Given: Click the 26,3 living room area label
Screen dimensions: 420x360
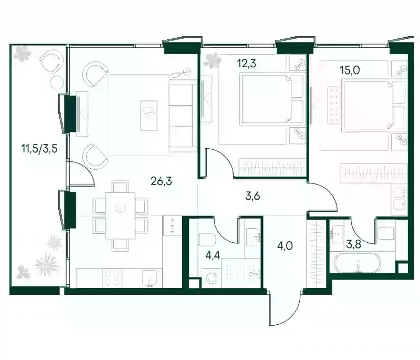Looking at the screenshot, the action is coord(161,181).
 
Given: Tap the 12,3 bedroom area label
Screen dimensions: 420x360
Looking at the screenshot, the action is coord(246,64).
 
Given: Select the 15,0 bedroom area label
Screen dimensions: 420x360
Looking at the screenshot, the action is coord(350,70).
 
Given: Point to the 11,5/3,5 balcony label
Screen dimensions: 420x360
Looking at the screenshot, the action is coord(40,148).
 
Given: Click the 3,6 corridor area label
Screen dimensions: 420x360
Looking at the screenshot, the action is coord(253,196).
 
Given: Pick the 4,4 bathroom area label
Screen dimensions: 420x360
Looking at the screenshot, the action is coord(213,255).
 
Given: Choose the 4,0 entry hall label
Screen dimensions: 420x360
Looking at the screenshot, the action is coord(285,245).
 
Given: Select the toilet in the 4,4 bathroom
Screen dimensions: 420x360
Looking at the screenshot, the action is coord(207,239).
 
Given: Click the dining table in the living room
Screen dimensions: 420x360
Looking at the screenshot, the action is coord(120,215).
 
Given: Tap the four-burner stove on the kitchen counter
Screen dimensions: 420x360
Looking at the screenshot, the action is coord(112,278).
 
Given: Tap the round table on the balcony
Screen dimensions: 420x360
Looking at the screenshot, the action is coord(57,82).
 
